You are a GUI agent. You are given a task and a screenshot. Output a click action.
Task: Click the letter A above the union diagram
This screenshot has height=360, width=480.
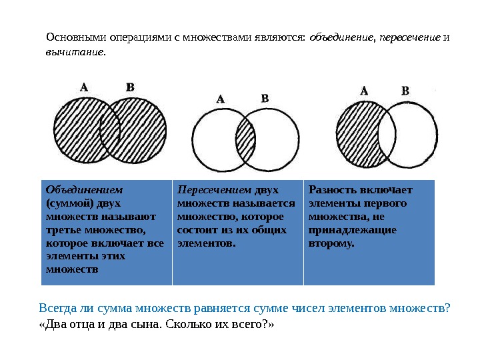[x=84, y=86]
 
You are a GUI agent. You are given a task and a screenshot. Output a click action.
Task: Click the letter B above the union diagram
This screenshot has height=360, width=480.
[x=130, y=87]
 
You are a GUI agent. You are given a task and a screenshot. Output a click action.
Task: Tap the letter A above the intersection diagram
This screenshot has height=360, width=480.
[x=221, y=99]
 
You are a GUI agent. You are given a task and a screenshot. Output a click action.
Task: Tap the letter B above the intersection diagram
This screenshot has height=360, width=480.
[x=265, y=98]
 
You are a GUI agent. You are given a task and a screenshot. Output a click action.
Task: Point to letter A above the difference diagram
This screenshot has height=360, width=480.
[x=364, y=90]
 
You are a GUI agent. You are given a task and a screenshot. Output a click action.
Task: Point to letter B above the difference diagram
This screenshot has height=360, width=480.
[x=405, y=91]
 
